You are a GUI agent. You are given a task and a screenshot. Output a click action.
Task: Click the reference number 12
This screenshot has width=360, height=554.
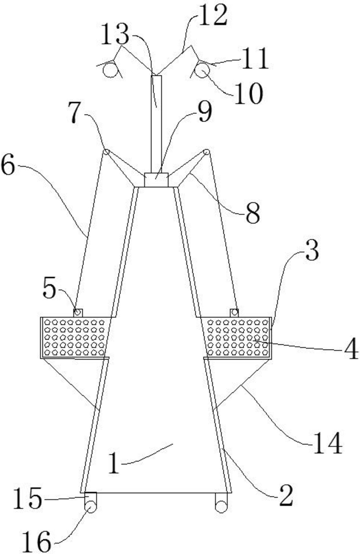click(212, 16)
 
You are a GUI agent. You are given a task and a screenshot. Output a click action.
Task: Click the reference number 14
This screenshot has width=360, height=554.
click(327, 443)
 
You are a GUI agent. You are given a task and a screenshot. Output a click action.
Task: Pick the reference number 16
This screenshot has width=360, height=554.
click(36, 542)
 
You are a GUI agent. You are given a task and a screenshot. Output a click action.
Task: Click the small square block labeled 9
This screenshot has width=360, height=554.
click(156, 180)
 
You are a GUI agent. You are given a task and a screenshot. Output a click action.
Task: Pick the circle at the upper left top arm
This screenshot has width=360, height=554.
click(110, 70)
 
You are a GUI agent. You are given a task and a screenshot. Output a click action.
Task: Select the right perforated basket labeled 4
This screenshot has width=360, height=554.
click(237, 337)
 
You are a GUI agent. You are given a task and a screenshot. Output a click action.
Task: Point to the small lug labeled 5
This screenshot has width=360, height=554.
click(78, 313)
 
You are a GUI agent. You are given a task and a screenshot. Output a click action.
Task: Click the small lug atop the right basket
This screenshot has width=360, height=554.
click(234, 313)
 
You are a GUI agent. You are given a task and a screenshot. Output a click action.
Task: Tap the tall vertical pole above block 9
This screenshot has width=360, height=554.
click(156, 124)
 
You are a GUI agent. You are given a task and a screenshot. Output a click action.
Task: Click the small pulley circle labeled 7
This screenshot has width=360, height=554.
click(106, 152)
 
